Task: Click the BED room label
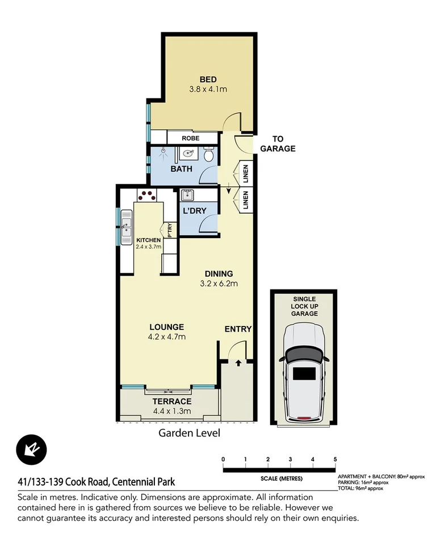[x=208, y=79]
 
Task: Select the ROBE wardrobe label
[x=190, y=138]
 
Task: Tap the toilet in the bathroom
[x=208, y=154]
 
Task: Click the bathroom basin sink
[x=187, y=153]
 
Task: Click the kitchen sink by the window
[x=126, y=228]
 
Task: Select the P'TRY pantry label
[x=169, y=230]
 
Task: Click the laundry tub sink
[x=187, y=196]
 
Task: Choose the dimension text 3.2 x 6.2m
[x=219, y=283]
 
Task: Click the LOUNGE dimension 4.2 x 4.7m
[x=167, y=337]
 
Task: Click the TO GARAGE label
[x=278, y=144]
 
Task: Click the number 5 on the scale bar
[x=335, y=459]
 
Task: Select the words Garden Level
[x=188, y=433]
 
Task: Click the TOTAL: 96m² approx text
[x=360, y=487]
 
